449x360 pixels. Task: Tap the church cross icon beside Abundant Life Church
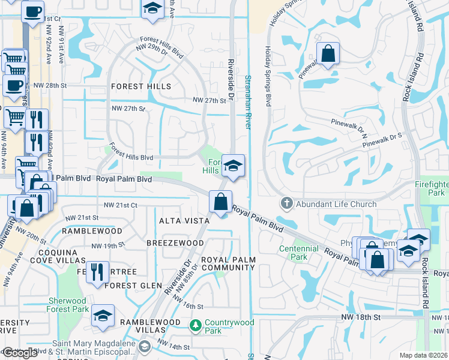286,204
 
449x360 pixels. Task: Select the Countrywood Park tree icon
195,326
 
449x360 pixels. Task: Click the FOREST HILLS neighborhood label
141,86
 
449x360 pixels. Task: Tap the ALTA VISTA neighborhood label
184,221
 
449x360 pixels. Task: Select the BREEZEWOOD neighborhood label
176,242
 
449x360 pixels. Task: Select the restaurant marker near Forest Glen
97,271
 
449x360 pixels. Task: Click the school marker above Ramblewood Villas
103,316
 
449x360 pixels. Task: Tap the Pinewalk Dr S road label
382,137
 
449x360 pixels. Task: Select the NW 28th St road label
49,86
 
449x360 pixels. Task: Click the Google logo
20,353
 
